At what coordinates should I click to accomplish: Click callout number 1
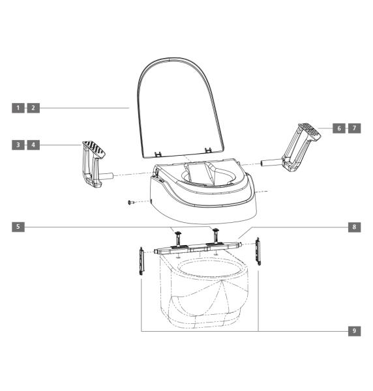coord(18,108)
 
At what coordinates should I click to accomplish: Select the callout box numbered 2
coord(33,108)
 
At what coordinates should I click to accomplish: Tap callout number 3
coord(18,145)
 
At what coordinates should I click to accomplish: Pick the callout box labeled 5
coord(18,227)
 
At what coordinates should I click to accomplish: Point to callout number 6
coord(339,128)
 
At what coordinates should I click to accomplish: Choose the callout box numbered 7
coord(354,128)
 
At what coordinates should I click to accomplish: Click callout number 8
coord(354,227)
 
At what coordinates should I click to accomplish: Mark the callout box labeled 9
coord(354,331)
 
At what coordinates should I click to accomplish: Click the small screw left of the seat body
coord(131,203)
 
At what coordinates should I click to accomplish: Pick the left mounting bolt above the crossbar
coord(177,233)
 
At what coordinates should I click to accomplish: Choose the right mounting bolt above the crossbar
coord(215,232)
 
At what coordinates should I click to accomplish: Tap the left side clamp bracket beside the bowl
coord(142,261)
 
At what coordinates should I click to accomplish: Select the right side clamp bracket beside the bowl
coord(258,251)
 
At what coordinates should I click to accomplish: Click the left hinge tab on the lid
coord(158,153)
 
